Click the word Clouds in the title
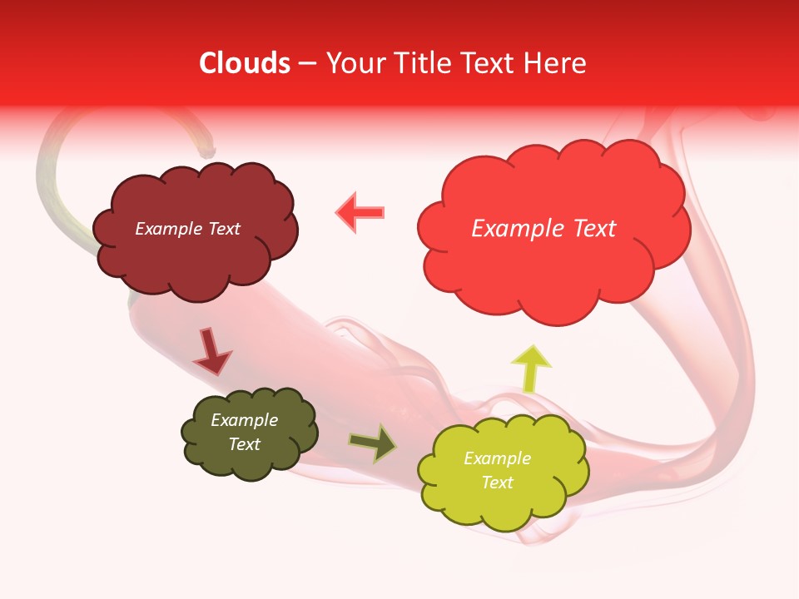(244, 63)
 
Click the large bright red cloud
(553, 266)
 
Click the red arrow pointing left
(360, 212)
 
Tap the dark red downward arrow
(211, 351)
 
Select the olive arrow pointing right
(373, 443)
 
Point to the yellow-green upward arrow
(530, 366)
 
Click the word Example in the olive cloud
(245, 420)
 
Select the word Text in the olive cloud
(245, 444)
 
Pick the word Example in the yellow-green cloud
(497, 458)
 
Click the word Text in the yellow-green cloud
(497, 483)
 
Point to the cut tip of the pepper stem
(207, 152)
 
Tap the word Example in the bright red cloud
(514, 229)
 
